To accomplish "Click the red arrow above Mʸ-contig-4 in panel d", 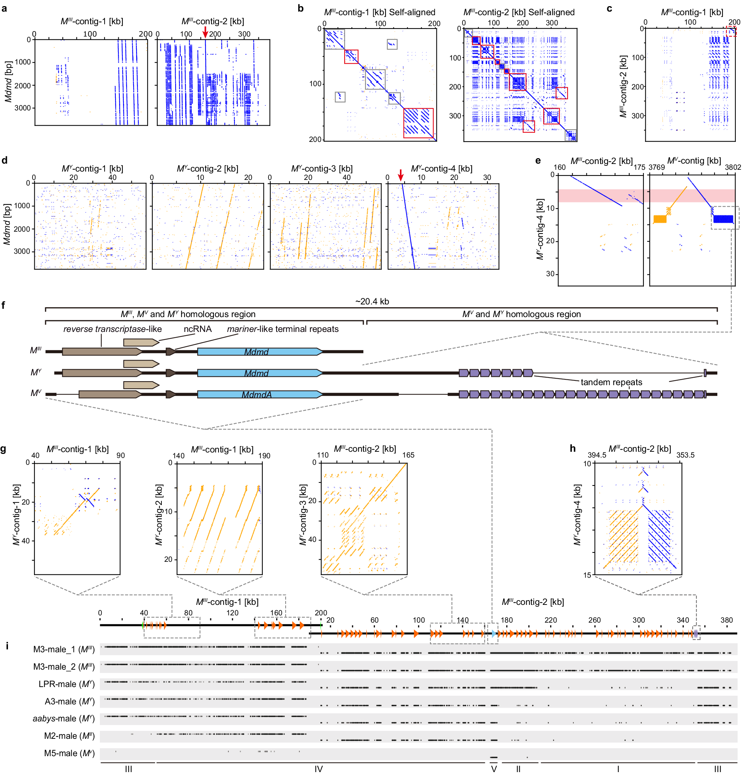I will (400, 174).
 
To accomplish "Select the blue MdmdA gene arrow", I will (260, 394).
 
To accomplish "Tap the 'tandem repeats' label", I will (611, 382).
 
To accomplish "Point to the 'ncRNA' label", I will (197, 329).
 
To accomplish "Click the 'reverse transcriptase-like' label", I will (112, 329).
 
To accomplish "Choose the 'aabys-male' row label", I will (63, 719).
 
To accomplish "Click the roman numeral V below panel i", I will (494, 769).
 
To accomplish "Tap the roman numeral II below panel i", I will (518, 769).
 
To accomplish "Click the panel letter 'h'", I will (573, 448).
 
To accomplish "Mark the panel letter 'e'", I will (538, 160).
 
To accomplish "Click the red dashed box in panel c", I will (731, 31).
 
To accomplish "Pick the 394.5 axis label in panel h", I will (597, 455).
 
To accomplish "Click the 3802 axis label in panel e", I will (733, 167).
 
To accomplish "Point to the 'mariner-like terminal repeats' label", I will (283, 329).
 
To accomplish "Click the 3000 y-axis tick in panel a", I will (22, 108).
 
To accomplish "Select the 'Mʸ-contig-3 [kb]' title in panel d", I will (322, 169).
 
